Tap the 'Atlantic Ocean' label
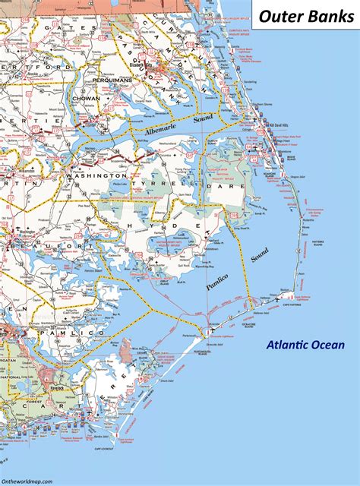click(304, 346)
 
